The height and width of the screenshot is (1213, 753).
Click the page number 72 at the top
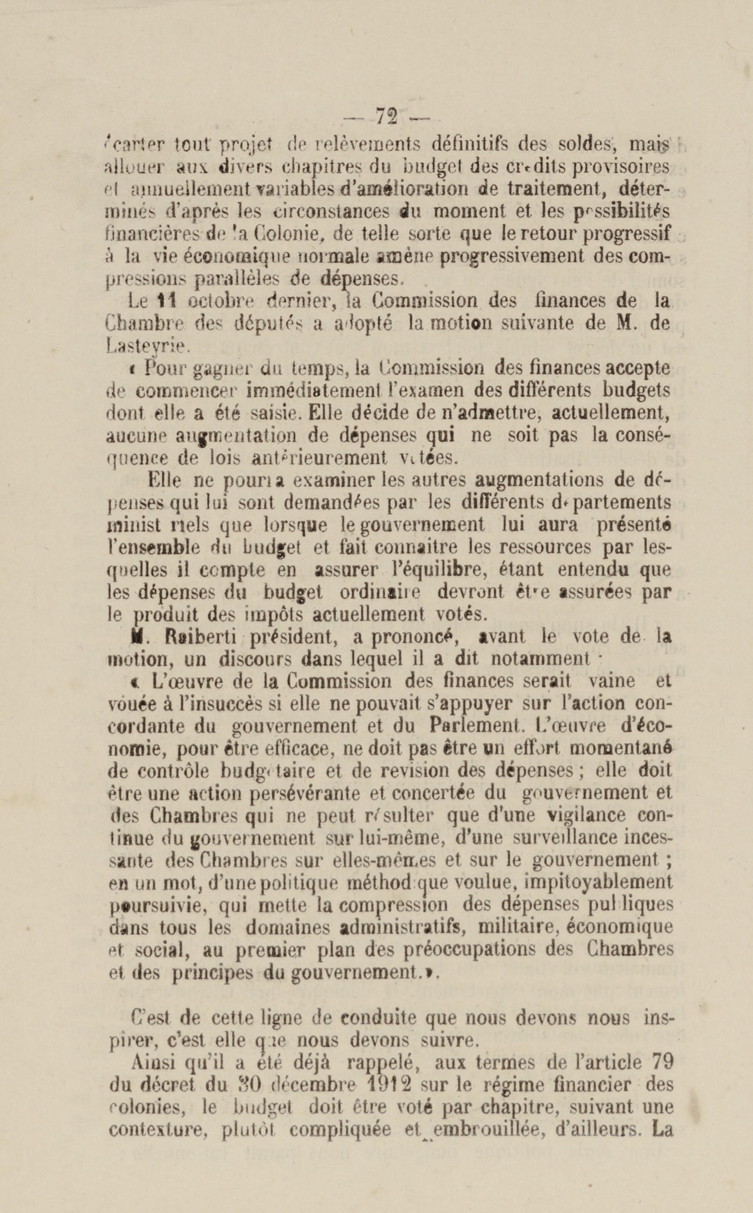386,118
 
